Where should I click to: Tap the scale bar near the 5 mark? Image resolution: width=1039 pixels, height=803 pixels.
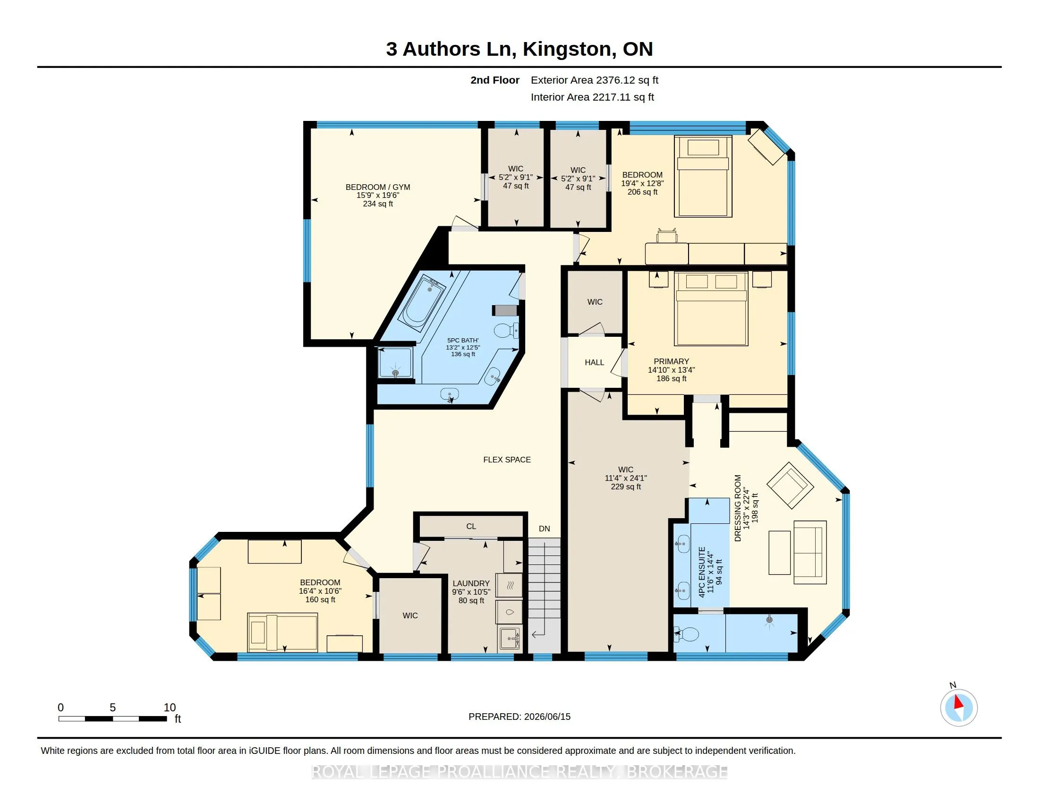(113, 718)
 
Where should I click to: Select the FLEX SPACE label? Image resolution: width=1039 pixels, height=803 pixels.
(507, 460)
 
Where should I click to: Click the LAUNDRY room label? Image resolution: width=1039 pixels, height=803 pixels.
(471, 583)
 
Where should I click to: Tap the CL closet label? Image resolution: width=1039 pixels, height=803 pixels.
(471, 526)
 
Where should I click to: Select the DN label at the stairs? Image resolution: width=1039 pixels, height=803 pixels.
(544, 529)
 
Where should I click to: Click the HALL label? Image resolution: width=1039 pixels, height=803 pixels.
(594, 362)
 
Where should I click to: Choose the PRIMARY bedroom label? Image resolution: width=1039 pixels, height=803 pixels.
(671, 361)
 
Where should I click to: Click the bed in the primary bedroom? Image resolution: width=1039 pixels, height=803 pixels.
(711, 309)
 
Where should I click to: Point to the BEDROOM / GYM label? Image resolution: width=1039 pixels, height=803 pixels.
(378, 188)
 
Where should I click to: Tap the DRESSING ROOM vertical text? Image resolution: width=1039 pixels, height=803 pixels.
(738, 508)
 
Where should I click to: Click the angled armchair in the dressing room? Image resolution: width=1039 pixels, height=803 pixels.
(790, 485)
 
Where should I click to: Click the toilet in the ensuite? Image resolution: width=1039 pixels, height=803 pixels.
(686, 633)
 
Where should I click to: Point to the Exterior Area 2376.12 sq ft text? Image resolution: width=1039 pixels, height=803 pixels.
(595, 80)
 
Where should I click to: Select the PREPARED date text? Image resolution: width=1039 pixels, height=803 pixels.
(519, 717)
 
